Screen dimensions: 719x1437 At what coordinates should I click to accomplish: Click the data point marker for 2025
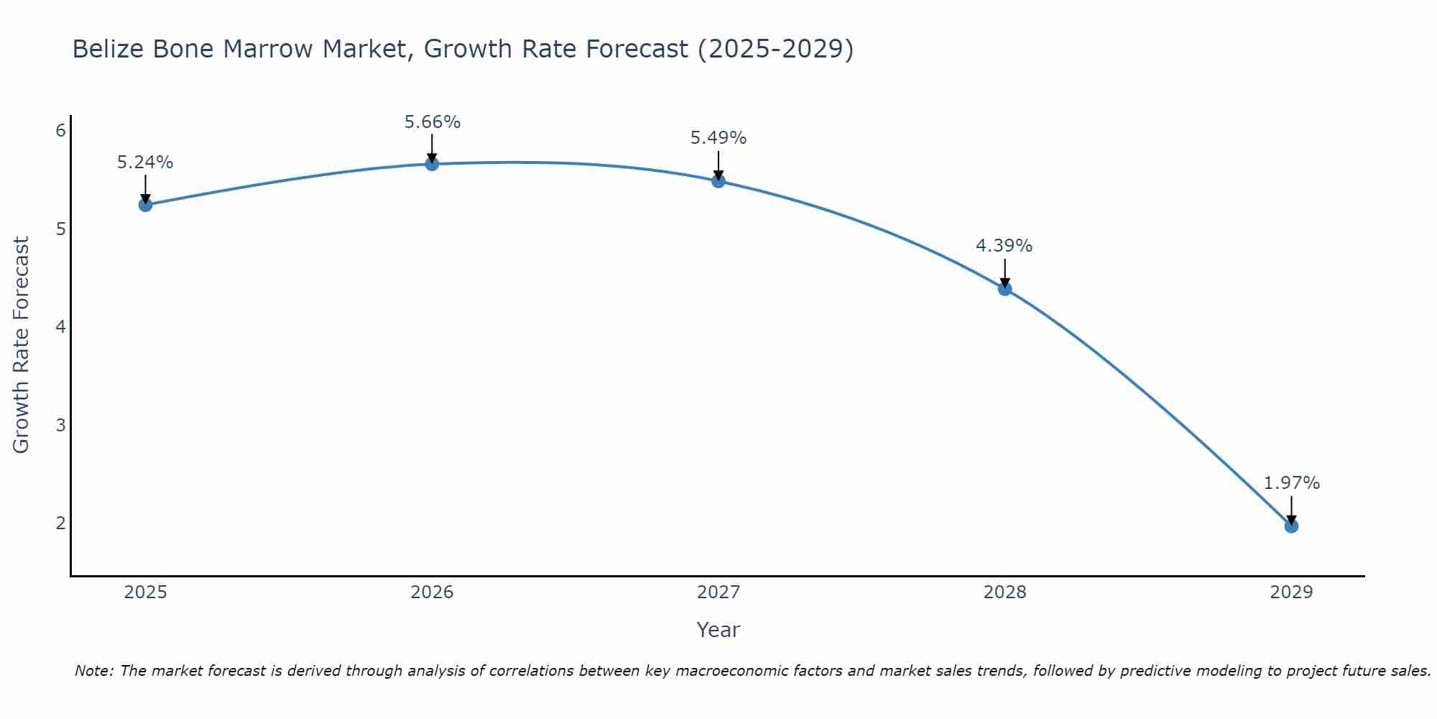pos(145,205)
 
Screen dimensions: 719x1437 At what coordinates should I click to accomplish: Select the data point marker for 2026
pos(432,164)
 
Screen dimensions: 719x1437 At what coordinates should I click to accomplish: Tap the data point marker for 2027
pos(718,180)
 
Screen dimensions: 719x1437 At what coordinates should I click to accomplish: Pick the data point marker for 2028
pos(1004,288)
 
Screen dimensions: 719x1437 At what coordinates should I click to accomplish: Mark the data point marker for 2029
pos(1291,526)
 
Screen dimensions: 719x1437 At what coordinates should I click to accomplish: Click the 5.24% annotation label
pos(145,162)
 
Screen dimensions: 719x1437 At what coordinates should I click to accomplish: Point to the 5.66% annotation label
pos(432,122)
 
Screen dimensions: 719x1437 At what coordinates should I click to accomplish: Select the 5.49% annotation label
pos(718,138)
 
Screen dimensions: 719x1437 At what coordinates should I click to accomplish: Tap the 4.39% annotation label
pos(1004,246)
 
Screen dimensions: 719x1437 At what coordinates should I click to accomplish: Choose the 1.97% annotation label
pos(1291,483)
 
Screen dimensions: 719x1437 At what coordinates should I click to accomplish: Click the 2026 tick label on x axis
pos(432,592)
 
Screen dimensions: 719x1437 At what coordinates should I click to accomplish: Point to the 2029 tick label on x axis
pos(1291,592)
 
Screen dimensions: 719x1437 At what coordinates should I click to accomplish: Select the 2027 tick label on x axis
pos(718,592)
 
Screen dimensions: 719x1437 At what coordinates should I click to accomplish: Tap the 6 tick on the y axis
pos(61,130)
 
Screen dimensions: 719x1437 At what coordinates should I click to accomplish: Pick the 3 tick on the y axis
pos(61,425)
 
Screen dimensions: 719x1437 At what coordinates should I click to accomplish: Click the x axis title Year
pos(718,630)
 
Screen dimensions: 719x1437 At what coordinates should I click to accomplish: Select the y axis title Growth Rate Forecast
pos(22,345)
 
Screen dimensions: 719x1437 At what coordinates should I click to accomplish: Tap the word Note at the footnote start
pos(93,671)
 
